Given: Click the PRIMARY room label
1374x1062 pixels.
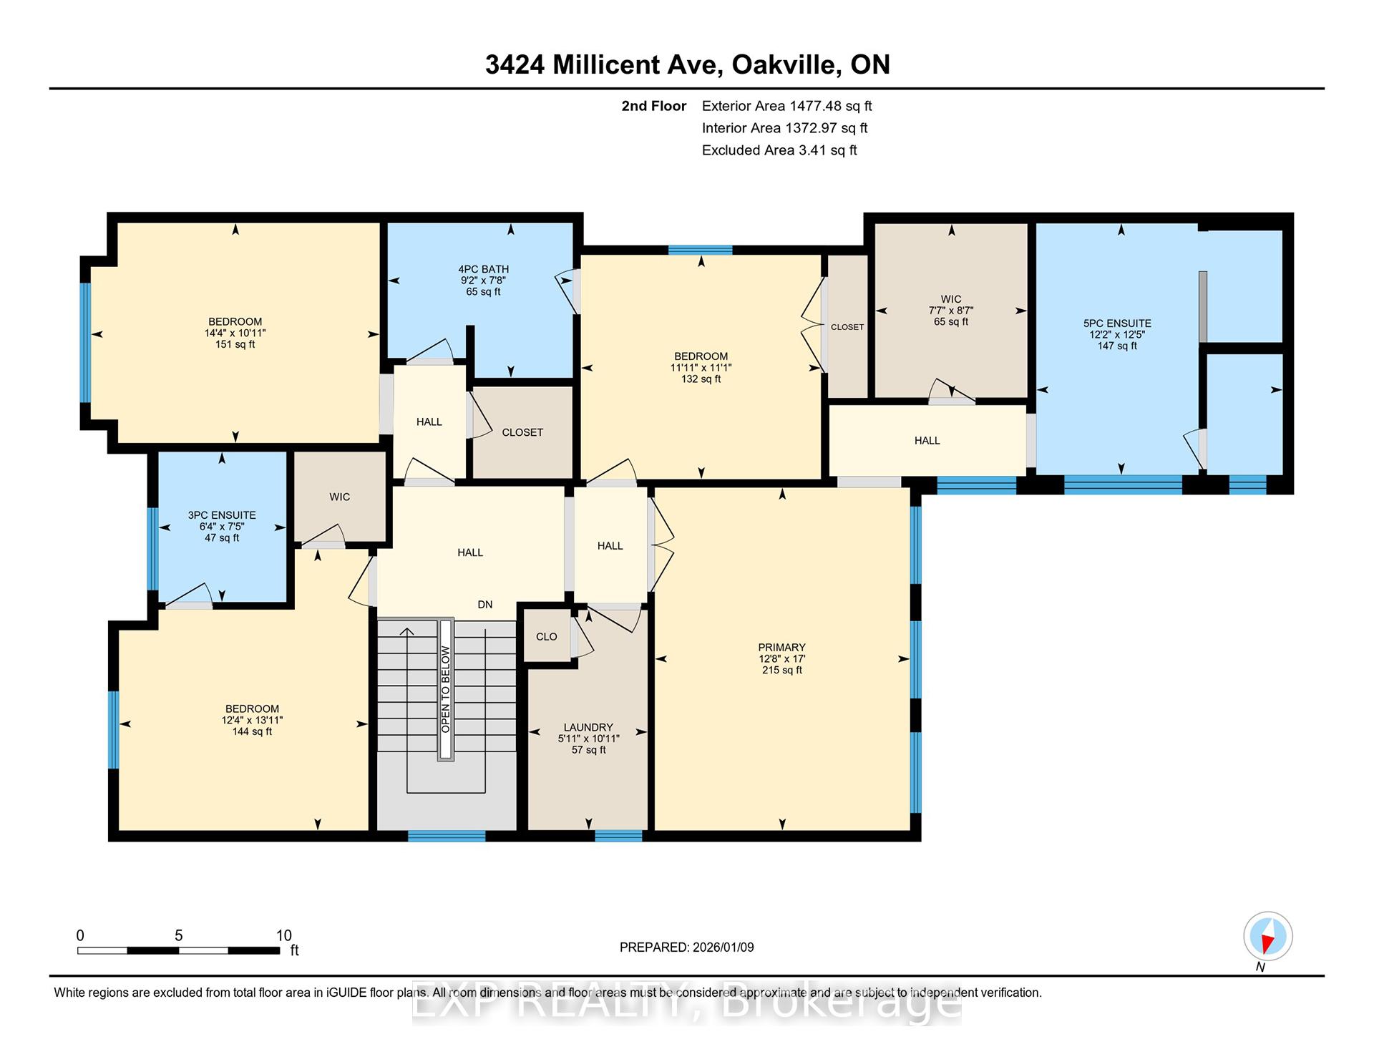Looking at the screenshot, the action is tap(782, 647).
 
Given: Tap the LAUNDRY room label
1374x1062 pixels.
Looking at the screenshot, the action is tap(588, 727).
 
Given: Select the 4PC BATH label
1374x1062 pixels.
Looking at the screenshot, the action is tap(484, 269).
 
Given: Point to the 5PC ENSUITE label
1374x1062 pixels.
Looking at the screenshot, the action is tap(1117, 323).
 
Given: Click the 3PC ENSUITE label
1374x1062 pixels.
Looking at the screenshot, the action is tap(222, 515).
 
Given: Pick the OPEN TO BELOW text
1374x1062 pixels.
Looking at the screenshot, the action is tap(446, 689).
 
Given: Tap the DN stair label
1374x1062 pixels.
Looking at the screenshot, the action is tap(485, 604).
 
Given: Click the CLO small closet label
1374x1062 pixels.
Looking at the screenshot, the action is tap(547, 637).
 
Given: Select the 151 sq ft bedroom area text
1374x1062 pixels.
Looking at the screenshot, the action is tap(235, 344).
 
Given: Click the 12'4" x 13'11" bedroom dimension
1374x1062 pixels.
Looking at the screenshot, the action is tap(253, 720).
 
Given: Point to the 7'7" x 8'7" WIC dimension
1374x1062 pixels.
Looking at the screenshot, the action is tap(951, 311).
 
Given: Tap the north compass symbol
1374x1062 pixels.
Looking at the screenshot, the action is tap(1267, 937).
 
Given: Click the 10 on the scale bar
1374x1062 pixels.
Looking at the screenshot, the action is tap(284, 935).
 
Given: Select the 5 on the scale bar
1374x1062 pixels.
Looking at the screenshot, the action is tap(179, 935).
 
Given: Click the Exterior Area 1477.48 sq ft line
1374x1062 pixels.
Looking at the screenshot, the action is tap(787, 106).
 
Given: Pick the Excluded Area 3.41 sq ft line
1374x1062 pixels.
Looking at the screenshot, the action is tap(779, 150).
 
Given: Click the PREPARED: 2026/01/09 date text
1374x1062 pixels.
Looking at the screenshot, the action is tap(687, 947).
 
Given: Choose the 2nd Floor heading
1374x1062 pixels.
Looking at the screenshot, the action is tap(654, 106).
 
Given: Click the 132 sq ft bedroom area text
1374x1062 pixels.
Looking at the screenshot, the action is tap(701, 379).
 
